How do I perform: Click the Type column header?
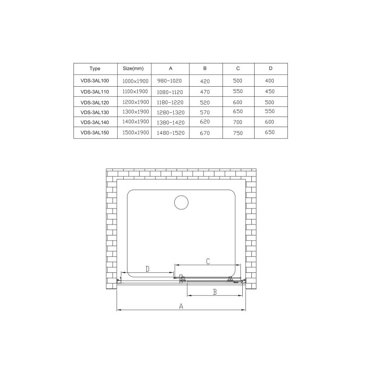point(95,68)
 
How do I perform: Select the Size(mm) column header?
point(133,68)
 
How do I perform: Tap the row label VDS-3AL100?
point(95,81)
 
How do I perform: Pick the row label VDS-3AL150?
point(95,133)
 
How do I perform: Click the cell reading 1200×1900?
point(136,102)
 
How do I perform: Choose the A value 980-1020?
point(169,81)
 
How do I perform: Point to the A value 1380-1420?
point(171,122)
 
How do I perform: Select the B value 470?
point(205,92)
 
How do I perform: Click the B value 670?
point(205,133)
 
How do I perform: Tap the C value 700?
point(238,122)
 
